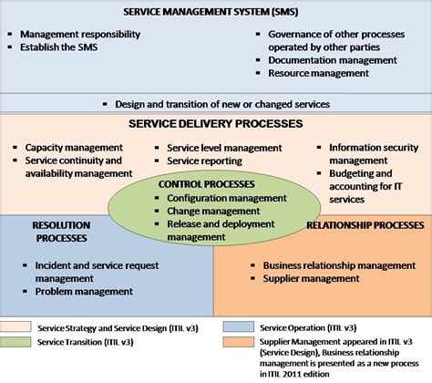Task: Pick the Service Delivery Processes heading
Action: tap(216, 123)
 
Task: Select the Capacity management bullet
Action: tap(74, 146)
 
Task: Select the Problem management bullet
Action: tap(84, 291)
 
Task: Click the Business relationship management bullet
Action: tap(330, 265)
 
